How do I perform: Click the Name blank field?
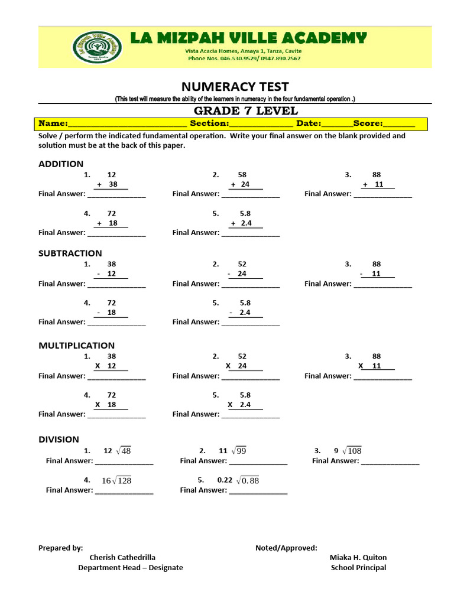coord(127,123)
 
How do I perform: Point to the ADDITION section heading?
coord(61,164)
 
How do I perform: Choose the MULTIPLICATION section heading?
coord(76,346)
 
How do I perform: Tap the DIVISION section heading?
coord(59,439)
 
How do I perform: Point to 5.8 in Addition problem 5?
coord(245,213)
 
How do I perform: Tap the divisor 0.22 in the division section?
coord(225,480)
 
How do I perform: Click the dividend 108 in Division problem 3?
coord(355,451)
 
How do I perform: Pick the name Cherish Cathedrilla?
coord(122,557)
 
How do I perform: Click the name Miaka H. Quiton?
coord(358,557)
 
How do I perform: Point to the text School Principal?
coord(358,568)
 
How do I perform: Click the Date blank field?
coord(337,123)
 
